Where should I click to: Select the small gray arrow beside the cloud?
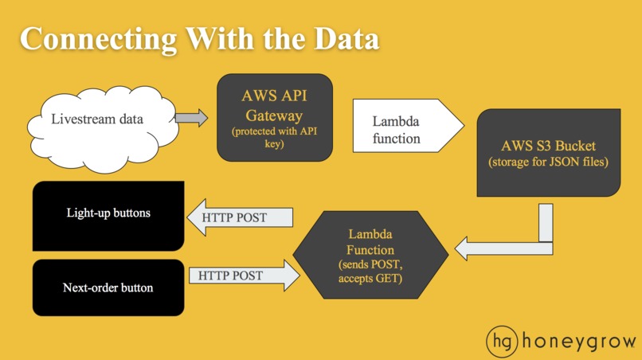click(x=191, y=118)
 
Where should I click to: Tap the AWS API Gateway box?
click(x=274, y=118)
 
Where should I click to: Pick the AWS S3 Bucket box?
click(x=549, y=153)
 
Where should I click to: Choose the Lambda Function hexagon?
click(x=370, y=255)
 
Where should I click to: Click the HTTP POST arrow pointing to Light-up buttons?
click(x=240, y=217)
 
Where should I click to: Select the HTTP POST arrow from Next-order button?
click(x=244, y=276)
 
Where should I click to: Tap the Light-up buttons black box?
click(x=108, y=216)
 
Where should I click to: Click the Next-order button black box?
click(x=108, y=288)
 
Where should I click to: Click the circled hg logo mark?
click(x=503, y=342)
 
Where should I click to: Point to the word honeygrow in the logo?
click(x=578, y=342)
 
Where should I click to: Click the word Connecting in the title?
click(x=98, y=40)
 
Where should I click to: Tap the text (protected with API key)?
click(x=274, y=138)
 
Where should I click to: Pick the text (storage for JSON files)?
click(x=548, y=162)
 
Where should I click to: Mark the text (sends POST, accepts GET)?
click(x=370, y=271)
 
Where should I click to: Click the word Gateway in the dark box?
click(x=274, y=116)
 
